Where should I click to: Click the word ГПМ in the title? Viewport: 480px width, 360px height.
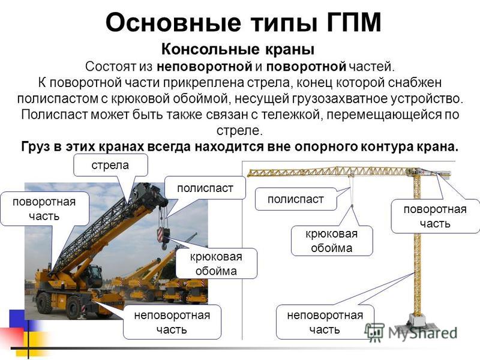coord(353,23)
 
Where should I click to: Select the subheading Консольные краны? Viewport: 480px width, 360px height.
coord(238,49)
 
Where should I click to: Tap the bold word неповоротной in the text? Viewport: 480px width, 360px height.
coord(204,67)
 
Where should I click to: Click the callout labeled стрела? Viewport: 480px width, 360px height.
coord(110,166)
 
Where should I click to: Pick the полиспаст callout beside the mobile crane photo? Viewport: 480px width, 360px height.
coord(205,188)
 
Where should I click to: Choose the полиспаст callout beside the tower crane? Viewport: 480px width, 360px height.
coord(295,199)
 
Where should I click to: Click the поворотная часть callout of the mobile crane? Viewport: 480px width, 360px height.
coord(44,209)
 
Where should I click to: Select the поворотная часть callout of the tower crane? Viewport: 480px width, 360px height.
coord(435,217)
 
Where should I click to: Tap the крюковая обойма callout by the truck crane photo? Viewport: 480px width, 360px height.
coord(216,263)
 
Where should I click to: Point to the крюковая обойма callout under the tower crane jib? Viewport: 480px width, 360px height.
coord(332,241)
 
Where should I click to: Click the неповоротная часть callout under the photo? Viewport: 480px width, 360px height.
coord(172,322)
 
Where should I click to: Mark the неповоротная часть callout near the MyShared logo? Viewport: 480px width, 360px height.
coord(325,322)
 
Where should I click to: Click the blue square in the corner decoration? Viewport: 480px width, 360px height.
coord(17,319)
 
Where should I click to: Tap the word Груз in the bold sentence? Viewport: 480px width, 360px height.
coord(36,147)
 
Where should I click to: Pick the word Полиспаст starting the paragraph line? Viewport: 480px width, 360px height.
coord(54,115)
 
